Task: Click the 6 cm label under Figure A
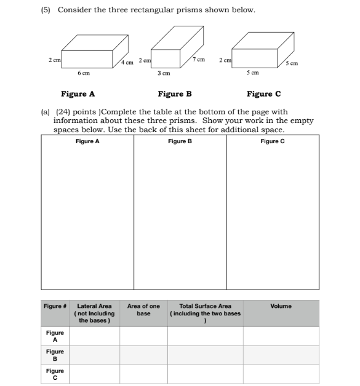click(x=84, y=73)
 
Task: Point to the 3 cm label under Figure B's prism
click(x=164, y=73)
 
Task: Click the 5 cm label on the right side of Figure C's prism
click(x=292, y=63)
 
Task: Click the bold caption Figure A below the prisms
click(x=78, y=94)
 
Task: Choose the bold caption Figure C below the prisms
click(x=263, y=94)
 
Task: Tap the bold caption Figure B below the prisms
click(x=175, y=94)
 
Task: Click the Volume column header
click(x=281, y=306)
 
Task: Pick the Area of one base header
click(x=143, y=309)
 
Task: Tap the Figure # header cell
click(x=55, y=306)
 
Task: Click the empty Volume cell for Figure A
click(x=281, y=336)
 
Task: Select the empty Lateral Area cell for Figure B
click(x=94, y=355)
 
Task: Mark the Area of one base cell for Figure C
click(x=143, y=374)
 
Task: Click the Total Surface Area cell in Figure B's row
click(x=205, y=355)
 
